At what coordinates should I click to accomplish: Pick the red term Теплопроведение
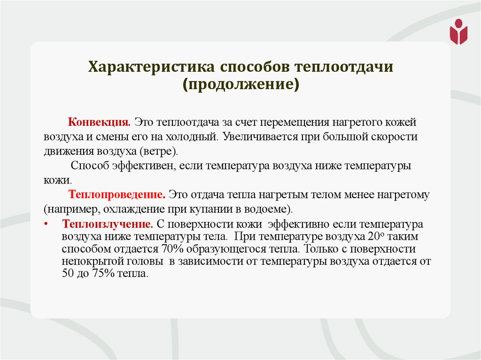(117, 194)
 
